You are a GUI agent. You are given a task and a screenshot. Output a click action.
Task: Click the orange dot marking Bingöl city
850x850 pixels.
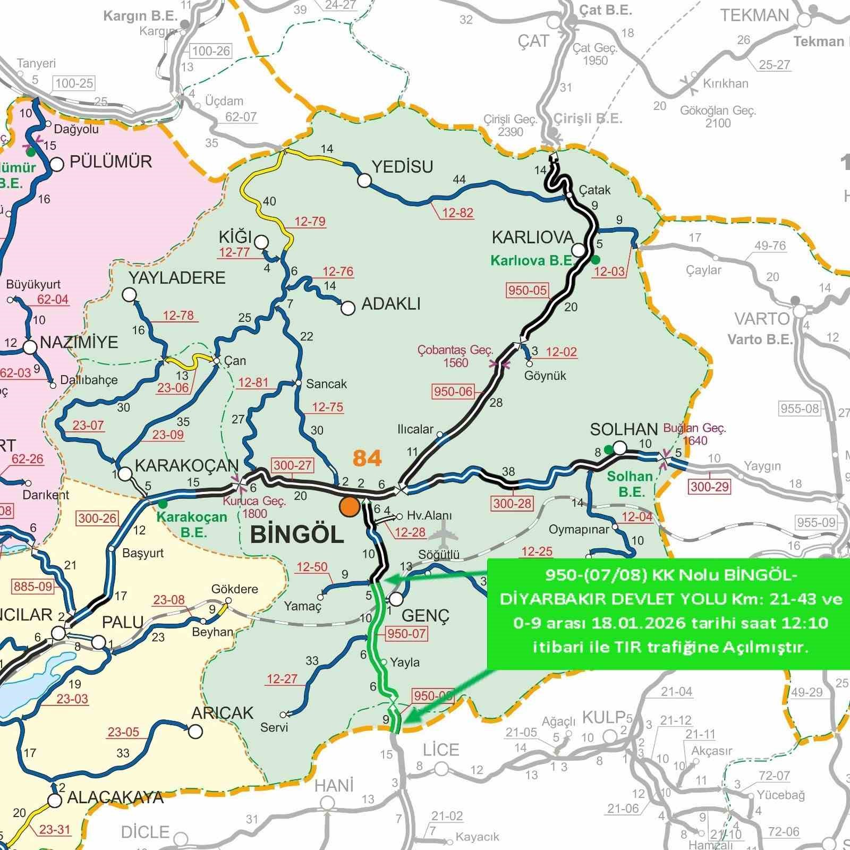coord(350,506)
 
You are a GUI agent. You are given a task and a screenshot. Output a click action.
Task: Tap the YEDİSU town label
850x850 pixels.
coord(402,167)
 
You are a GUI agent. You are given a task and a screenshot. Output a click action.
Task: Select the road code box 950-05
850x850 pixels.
coord(527,290)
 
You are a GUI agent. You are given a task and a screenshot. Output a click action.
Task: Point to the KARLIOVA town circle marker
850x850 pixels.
coord(578,250)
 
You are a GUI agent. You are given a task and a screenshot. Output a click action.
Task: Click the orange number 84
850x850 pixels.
coord(367,458)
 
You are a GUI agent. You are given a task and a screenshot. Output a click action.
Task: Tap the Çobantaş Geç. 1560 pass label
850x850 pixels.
coord(455,356)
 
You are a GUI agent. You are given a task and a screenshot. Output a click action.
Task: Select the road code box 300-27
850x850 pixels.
coord(292,465)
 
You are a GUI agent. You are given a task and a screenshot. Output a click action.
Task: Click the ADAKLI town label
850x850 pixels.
coord(390,304)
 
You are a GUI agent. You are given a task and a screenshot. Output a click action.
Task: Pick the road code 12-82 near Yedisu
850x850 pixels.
coord(457,213)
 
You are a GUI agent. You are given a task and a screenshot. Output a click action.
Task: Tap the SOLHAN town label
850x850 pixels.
coord(624,429)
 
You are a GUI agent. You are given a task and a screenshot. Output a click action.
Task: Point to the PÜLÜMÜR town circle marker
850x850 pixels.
coord(56,164)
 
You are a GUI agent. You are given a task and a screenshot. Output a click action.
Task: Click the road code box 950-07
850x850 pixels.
coord(407,633)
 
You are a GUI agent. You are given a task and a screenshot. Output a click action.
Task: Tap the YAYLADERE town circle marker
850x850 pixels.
coord(129,294)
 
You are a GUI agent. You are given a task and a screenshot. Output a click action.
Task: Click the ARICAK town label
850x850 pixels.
coord(223,713)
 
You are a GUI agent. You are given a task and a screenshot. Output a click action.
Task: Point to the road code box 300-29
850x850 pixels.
coord(710,486)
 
